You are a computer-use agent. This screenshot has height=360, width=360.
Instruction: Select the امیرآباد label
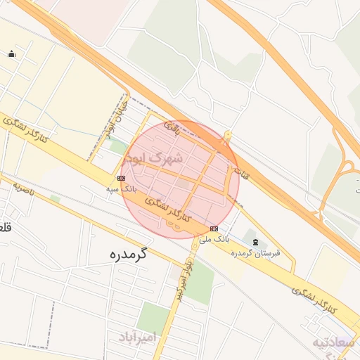(x=136, y=338)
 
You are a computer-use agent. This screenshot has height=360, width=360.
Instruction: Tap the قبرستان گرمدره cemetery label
(x=257, y=252)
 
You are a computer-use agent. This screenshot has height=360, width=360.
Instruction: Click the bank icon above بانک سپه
(x=121, y=178)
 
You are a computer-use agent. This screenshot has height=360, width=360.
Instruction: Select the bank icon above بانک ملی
(x=214, y=229)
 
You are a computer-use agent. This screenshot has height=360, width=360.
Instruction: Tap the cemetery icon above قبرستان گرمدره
(x=255, y=241)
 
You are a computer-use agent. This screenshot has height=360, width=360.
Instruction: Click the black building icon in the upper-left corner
(x=11, y=54)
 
